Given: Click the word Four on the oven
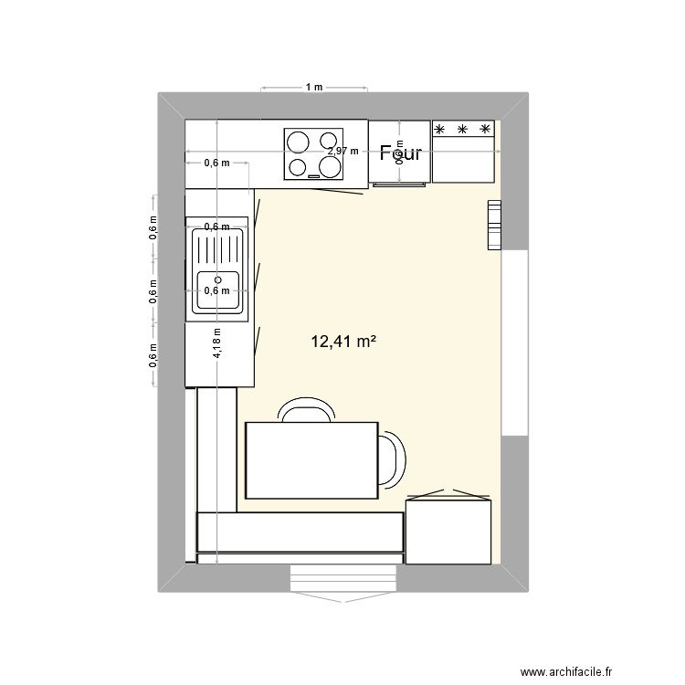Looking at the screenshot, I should point(401,153).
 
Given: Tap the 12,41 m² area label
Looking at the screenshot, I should point(344,342).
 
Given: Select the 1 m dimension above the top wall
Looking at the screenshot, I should point(314,88).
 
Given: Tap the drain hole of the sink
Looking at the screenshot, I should point(217,280).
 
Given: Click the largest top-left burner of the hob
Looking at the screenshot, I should point(299,142).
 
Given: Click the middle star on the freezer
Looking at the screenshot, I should point(463,130).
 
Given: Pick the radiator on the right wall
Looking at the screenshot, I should point(494,225).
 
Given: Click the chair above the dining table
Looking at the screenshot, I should point(306,412).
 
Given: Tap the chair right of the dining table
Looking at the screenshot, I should point(392,458).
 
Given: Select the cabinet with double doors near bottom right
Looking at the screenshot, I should point(448,530).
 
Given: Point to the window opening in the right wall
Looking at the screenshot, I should point(515,342).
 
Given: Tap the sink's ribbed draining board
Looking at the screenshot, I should point(217,249).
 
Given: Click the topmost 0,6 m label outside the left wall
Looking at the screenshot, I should point(153,225).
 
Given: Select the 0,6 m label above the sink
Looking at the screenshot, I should point(217,227).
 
